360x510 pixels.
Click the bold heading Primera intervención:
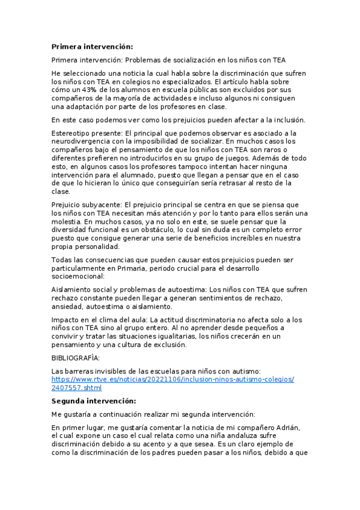[93, 46]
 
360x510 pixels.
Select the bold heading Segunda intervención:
[94, 401]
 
